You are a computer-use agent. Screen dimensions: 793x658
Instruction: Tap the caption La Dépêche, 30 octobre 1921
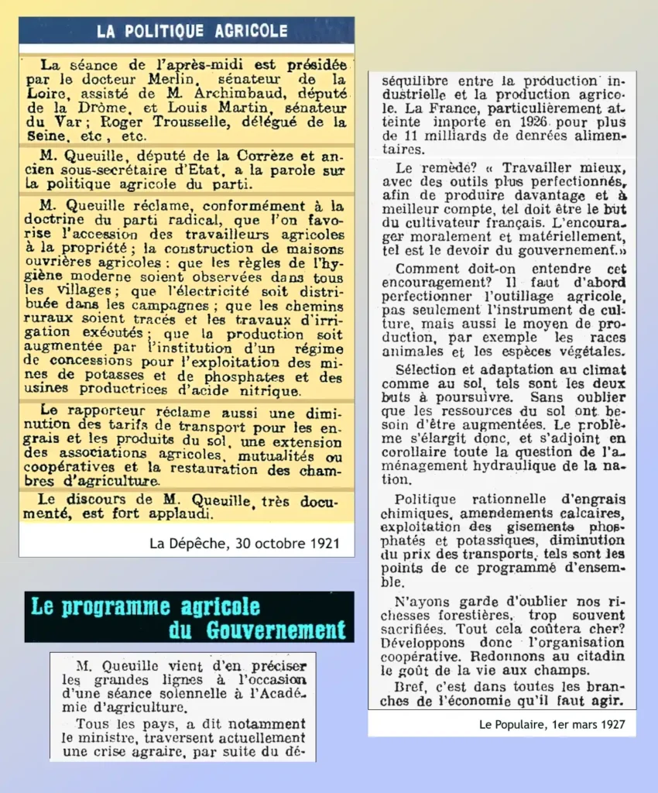pos(244,543)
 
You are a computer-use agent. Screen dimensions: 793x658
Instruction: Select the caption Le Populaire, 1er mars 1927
pos(552,725)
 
